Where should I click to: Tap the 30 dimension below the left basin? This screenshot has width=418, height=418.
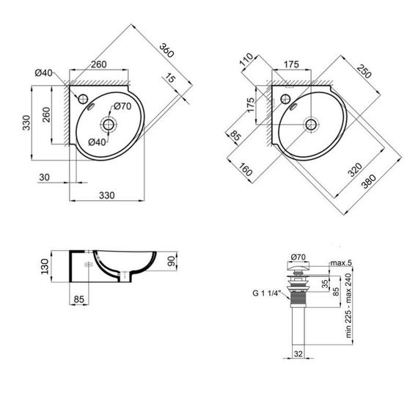(x=45, y=176)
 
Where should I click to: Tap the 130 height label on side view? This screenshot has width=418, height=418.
(x=45, y=264)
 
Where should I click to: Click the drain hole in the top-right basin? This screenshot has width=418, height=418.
(x=310, y=124)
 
